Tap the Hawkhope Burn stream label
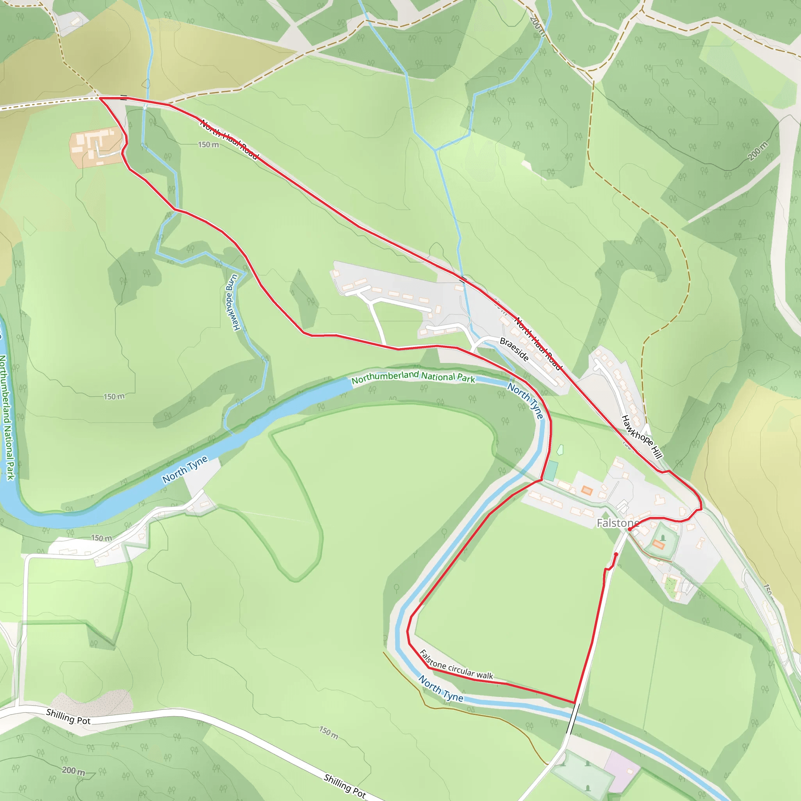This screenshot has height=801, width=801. [232, 302]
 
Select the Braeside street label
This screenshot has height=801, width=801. [514, 349]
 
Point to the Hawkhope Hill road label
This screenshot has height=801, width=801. [641, 436]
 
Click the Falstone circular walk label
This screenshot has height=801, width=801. [456, 665]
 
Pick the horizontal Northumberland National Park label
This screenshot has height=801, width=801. [413, 377]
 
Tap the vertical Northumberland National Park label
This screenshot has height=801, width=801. [7, 417]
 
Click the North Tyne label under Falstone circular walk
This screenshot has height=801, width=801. [441, 689]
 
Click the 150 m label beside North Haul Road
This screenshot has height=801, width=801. [208, 145]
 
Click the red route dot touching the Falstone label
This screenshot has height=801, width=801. [629, 529]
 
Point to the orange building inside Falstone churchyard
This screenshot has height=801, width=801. [658, 544]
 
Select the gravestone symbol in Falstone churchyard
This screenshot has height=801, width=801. [663, 537]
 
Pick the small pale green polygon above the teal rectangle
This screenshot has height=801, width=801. [560, 450]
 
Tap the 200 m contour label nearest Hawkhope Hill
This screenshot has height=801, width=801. [758, 151]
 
